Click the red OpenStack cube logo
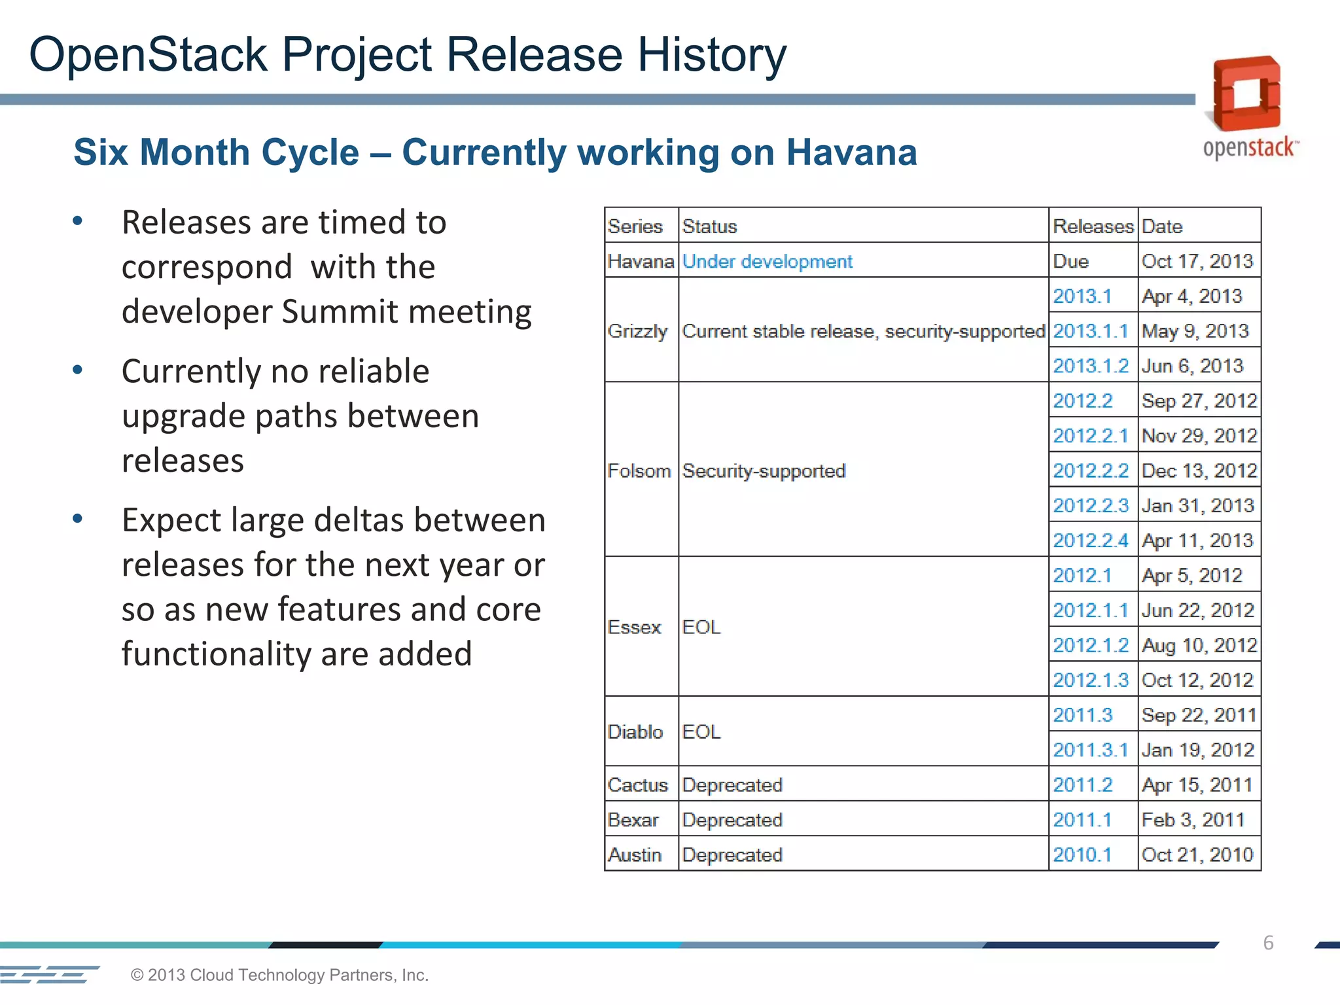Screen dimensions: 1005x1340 [x=1246, y=94]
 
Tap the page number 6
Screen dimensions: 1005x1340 [x=1268, y=943]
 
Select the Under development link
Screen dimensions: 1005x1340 [x=767, y=262]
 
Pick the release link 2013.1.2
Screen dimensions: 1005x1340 [x=1090, y=366]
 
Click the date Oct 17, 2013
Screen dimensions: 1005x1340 [x=1197, y=262]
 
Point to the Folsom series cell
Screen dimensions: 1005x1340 [x=639, y=470]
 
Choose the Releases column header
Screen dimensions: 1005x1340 [x=1092, y=226]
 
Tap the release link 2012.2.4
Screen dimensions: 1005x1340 [x=1090, y=540]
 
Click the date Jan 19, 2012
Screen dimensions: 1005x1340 [x=1197, y=750]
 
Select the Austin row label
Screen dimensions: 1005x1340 [x=634, y=855]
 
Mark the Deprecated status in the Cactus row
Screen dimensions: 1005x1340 [x=732, y=785]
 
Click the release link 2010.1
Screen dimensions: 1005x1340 [x=1082, y=855]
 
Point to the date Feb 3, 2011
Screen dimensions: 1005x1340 [x=1192, y=820]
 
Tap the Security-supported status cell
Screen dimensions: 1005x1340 [x=764, y=470]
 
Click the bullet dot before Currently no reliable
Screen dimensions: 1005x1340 [x=78, y=370]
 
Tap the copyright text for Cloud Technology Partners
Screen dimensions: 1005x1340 [x=279, y=975]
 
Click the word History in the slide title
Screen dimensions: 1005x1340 [x=712, y=54]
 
